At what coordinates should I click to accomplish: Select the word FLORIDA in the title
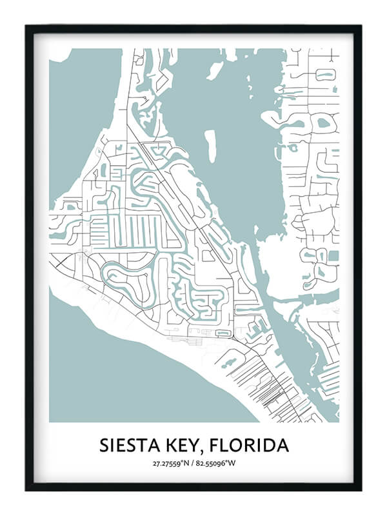click(x=253, y=446)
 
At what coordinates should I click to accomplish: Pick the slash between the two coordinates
click(x=194, y=463)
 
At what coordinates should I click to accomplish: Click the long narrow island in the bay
click(x=210, y=146)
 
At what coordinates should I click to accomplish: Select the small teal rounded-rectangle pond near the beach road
click(x=223, y=333)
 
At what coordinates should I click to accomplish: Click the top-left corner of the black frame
click(x=27, y=27)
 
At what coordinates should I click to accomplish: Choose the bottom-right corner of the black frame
click(x=360, y=489)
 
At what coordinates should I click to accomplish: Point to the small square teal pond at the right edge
click(x=333, y=256)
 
